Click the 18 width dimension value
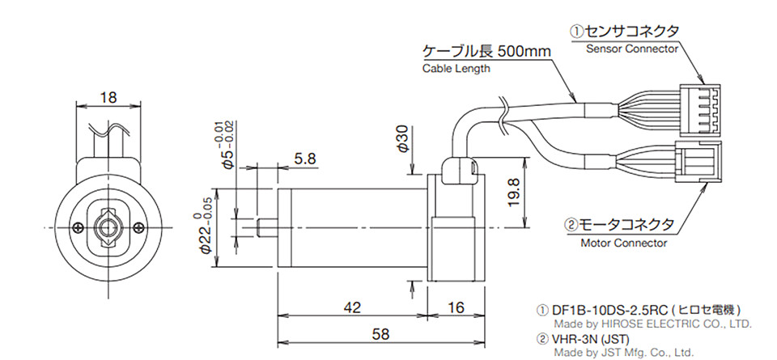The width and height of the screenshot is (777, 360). (108, 98)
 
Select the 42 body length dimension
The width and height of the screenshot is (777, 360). (352, 307)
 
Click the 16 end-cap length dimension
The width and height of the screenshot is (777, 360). (456, 307)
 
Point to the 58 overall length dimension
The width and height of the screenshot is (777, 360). (380, 334)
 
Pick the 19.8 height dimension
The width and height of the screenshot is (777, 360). (514, 193)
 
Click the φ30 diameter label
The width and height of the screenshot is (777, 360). (403, 139)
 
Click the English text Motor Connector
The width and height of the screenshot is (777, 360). (623, 244)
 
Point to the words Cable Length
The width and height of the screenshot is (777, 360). (456, 69)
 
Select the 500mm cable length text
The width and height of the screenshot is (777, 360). (524, 52)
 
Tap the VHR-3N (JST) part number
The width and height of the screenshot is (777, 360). (590, 340)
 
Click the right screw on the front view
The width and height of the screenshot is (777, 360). (140, 228)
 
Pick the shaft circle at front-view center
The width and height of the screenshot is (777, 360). (108, 228)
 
